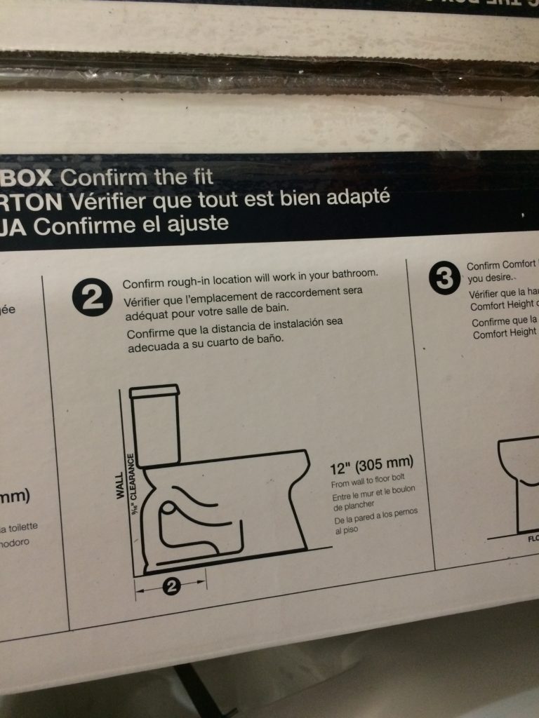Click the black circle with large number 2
click(91, 300)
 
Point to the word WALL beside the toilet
click(120, 484)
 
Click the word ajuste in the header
click(194, 225)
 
